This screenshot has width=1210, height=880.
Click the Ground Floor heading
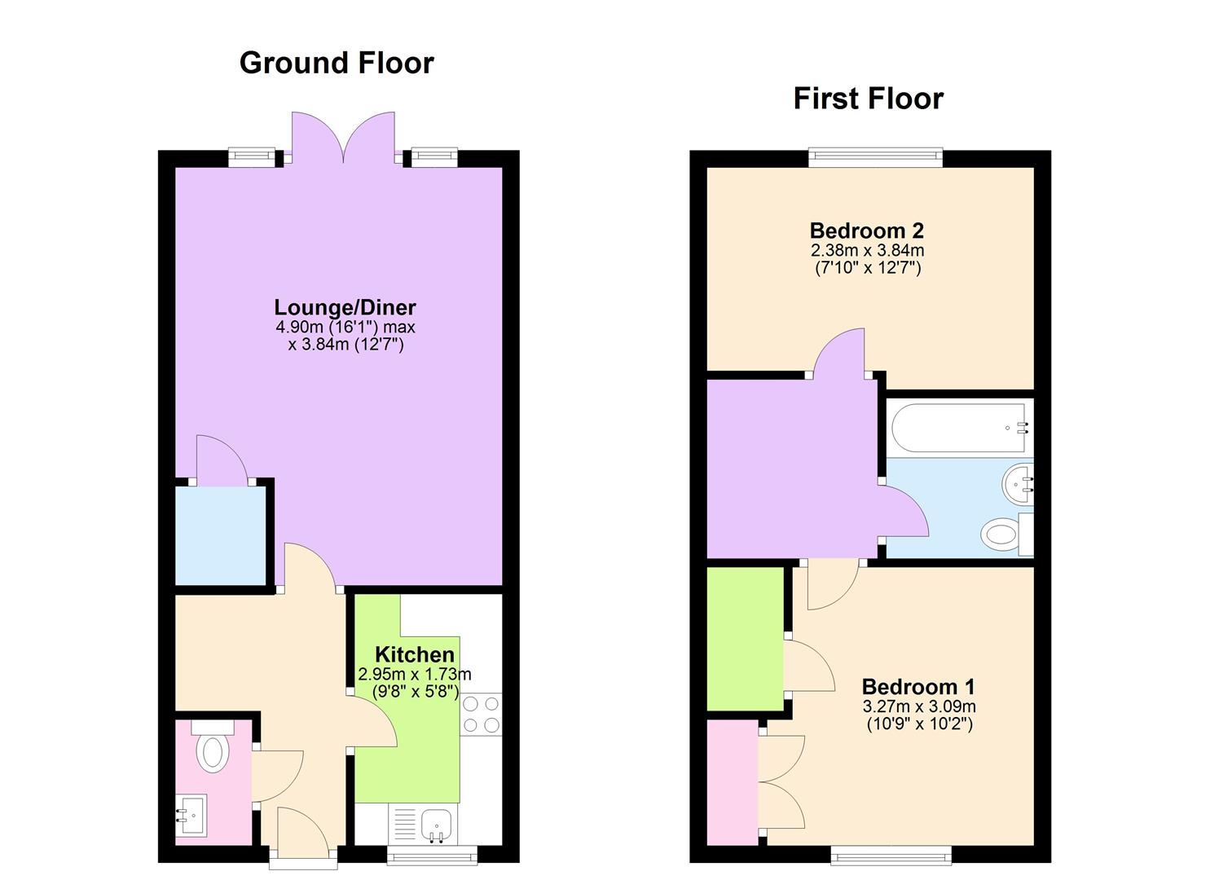pyautogui.click(x=337, y=64)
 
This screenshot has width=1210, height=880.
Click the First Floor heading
pyautogui.click(x=868, y=99)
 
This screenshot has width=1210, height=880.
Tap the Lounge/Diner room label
pyautogui.click(x=345, y=307)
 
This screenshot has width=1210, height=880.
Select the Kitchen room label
pyautogui.click(x=414, y=654)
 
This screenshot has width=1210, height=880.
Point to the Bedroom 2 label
pyautogui.click(x=866, y=231)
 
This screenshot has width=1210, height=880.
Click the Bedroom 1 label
pyautogui.click(x=918, y=687)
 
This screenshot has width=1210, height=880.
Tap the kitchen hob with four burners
pyautogui.click(x=481, y=714)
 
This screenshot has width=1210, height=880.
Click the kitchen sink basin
pyautogui.click(x=436, y=826)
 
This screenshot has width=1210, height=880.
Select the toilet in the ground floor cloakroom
pyautogui.click(x=213, y=746)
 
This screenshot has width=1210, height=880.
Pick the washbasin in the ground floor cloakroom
pyautogui.click(x=191, y=815)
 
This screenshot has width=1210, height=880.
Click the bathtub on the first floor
pyautogui.click(x=960, y=429)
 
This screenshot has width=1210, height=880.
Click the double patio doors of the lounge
pyautogui.click(x=344, y=136)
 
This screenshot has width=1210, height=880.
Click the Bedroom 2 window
pyautogui.click(x=875, y=156)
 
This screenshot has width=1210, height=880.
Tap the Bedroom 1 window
pyautogui.click(x=891, y=856)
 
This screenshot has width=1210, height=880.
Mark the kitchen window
pyautogui.click(x=432, y=856)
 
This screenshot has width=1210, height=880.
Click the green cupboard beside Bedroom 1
pyautogui.click(x=745, y=639)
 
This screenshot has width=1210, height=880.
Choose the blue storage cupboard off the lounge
pyautogui.click(x=220, y=535)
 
